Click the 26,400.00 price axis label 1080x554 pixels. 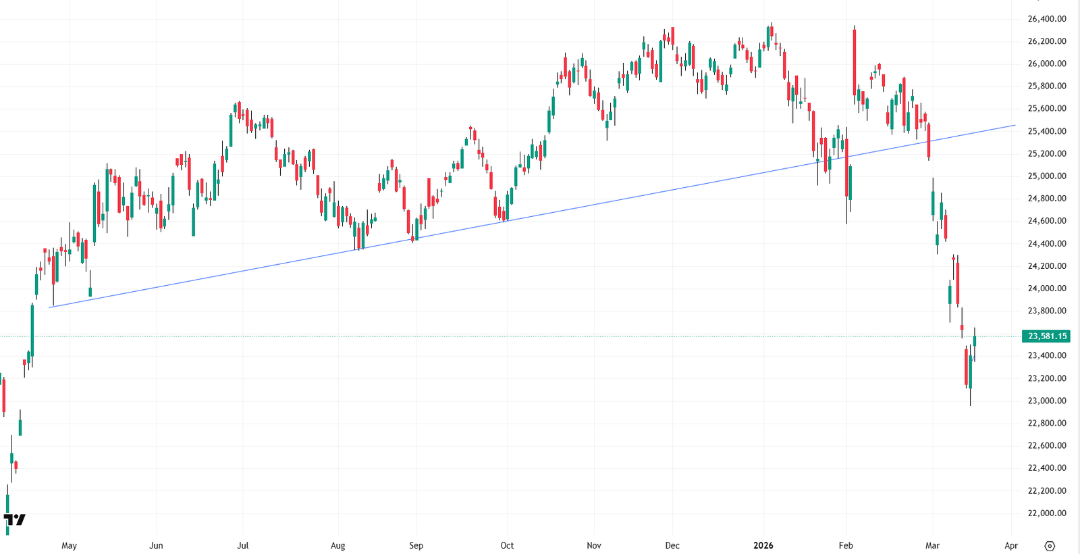[x=1046, y=19]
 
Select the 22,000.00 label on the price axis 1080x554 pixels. [x=1046, y=513]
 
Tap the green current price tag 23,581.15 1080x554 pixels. [x=1046, y=336]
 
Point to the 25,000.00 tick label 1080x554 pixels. [x=1046, y=176]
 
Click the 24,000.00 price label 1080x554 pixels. [x=1046, y=288]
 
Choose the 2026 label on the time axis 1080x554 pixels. [x=763, y=545]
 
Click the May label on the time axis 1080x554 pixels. [x=69, y=545]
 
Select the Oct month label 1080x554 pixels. [x=507, y=545]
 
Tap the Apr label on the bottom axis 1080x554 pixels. [x=1010, y=545]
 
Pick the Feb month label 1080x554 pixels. [x=846, y=545]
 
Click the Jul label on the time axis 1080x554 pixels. [x=243, y=545]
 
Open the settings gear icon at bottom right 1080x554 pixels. [x=1050, y=546]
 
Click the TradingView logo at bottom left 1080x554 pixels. [x=14, y=520]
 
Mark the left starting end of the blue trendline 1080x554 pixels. [x=50, y=307]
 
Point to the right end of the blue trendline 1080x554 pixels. [x=1015, y=125]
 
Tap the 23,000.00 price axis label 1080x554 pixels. [x=1046, y=401]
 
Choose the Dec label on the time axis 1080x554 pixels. [x=672, y=545]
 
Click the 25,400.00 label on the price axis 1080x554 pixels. [x=1046, y=131]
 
